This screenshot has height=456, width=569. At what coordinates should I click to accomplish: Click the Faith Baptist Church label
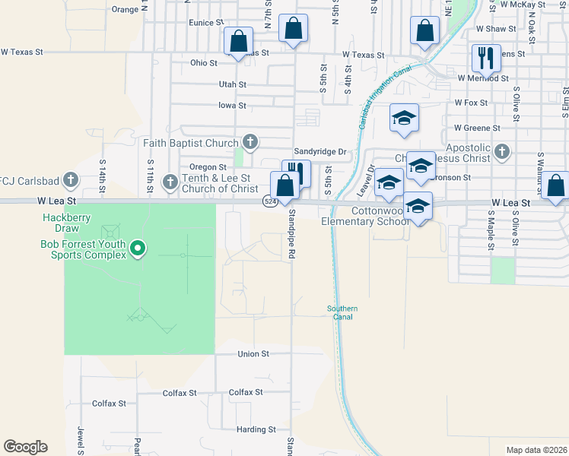tap(191, 142)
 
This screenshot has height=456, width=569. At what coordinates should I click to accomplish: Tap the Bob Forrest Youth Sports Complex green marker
tap(138, 249)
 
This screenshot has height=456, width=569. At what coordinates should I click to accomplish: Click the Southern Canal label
tap(342, 312)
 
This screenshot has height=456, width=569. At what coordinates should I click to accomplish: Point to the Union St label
tap(253, 354)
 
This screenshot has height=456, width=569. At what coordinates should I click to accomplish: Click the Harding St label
tap(255, 429)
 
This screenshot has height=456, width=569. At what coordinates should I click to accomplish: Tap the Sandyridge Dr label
tap(320, 152)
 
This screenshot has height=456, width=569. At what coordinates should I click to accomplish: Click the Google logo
tap(25, 447)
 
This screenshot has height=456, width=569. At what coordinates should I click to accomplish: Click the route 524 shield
tap(269, 201)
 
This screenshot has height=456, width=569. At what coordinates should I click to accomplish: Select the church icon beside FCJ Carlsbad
tap(71, 180)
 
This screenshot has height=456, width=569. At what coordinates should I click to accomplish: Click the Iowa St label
tap(232, 106)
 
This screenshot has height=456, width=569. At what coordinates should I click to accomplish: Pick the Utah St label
tap(232, 85)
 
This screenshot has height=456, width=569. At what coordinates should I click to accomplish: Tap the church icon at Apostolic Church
tap(501, 152)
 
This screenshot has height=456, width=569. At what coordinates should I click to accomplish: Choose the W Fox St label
tap(471, 102)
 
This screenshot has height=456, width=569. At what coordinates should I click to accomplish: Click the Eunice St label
tap(207, 24)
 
